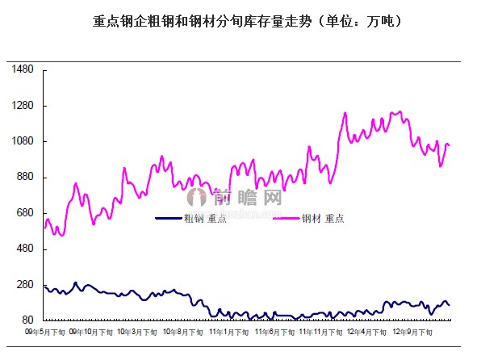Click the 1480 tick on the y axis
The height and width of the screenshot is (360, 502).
coord(23,70)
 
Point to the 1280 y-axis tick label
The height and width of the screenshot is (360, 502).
coord(23,106)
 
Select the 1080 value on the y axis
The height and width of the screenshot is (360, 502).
coord(23,142)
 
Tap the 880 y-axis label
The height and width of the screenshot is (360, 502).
coord(25,178)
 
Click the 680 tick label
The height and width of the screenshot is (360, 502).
coord(25,213)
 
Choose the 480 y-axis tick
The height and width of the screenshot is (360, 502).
coord(25,249)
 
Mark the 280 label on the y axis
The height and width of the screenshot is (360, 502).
coord(25,285)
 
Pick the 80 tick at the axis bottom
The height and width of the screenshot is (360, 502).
coord(27,320)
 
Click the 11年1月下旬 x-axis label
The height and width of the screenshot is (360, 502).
coord(228,332)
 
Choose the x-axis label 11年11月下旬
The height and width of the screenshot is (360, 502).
coord(320,332)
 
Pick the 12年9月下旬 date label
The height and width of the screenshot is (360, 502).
coord(412,332)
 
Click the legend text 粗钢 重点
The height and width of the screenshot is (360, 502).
coord(205,218)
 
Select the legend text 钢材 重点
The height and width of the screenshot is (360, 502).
coord(323,218)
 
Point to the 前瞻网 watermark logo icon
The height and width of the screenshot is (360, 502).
coord(197,196)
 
